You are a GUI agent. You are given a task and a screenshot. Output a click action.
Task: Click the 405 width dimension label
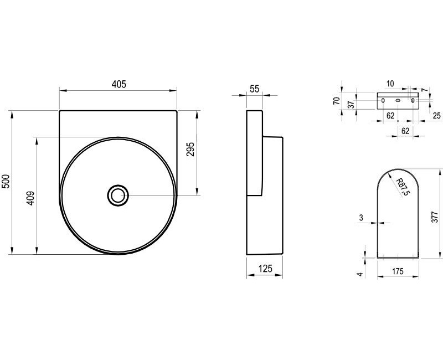coord(119,84)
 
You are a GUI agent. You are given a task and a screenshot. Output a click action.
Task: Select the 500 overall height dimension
coord(6,182)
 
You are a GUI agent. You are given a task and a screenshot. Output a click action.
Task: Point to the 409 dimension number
coord(30,198)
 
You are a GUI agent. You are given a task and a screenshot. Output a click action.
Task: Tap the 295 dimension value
coord(190,149)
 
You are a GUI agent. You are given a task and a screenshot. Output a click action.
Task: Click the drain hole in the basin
coord(118,196)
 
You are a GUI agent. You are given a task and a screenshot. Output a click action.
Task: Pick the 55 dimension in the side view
coord(255,89)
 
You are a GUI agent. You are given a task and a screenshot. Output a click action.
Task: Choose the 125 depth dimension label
coord(265,268)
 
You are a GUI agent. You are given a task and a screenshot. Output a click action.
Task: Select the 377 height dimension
coord(435,217)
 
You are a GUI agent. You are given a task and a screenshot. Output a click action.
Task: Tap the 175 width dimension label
coord(398,271)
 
